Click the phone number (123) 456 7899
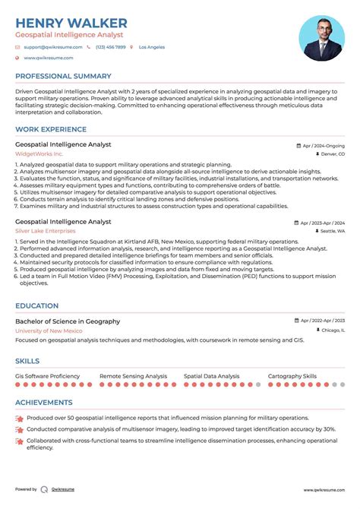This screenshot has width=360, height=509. pos(111,47)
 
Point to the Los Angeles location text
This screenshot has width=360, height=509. pos(151,47)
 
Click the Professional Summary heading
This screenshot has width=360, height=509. pos(65,77)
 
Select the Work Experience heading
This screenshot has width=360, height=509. pos(52,130)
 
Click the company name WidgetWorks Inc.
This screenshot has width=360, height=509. pos(39,154)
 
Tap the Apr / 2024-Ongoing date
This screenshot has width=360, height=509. pos(323,144)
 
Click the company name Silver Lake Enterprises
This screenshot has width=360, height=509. pos(50,231)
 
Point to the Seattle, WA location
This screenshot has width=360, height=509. pos(332,231)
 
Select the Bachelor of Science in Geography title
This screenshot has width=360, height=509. pos(68,321)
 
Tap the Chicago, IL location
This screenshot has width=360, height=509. pos(332,330)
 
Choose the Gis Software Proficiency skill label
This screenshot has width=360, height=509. pos(47,376)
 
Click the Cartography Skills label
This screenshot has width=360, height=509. pos(292,376)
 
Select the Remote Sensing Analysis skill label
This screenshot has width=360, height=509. pos(133,376)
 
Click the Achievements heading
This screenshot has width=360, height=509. pos(44,403)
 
